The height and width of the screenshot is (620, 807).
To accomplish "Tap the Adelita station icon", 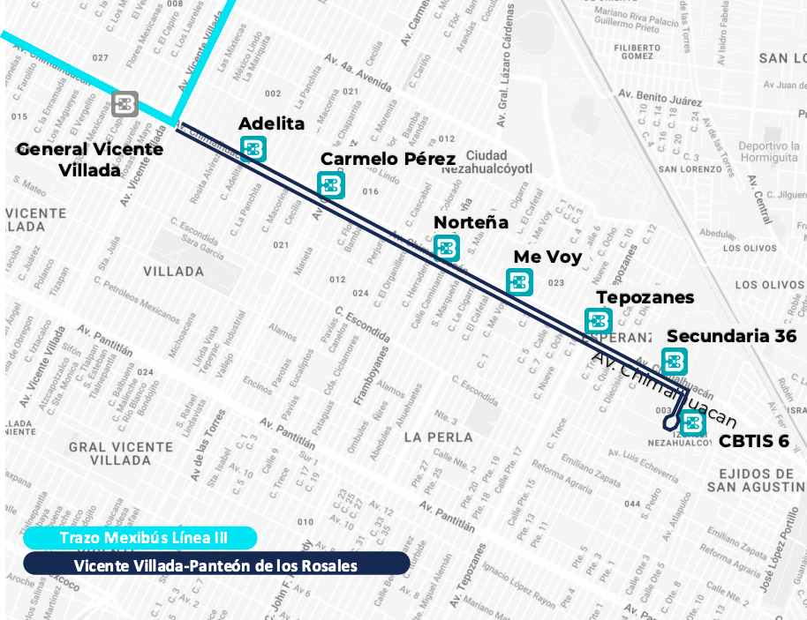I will point(253,149).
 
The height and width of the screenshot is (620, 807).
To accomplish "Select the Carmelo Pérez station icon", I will point(331,184).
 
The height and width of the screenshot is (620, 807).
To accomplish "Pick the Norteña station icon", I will point(447,248).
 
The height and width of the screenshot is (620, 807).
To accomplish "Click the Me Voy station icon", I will point(519,282).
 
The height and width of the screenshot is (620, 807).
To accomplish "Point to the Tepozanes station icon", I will point(598,321).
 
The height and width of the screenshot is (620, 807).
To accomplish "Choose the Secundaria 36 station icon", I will point(675,361).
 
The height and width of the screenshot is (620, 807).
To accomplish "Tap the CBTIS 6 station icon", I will point(692,423).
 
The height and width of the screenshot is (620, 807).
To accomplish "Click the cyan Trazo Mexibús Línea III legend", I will point(138,538).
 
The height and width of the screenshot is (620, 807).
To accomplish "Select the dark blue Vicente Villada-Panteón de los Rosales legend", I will point(215,564).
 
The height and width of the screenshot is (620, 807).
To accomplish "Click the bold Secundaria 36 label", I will point(731,336).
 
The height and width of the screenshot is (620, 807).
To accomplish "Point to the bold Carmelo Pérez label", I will point(388,159).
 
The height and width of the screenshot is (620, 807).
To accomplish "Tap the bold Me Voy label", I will point(547,258).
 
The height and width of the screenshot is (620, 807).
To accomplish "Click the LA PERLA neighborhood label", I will point(438,437).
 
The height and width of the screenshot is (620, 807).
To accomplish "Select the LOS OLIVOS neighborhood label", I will point(769,284).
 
